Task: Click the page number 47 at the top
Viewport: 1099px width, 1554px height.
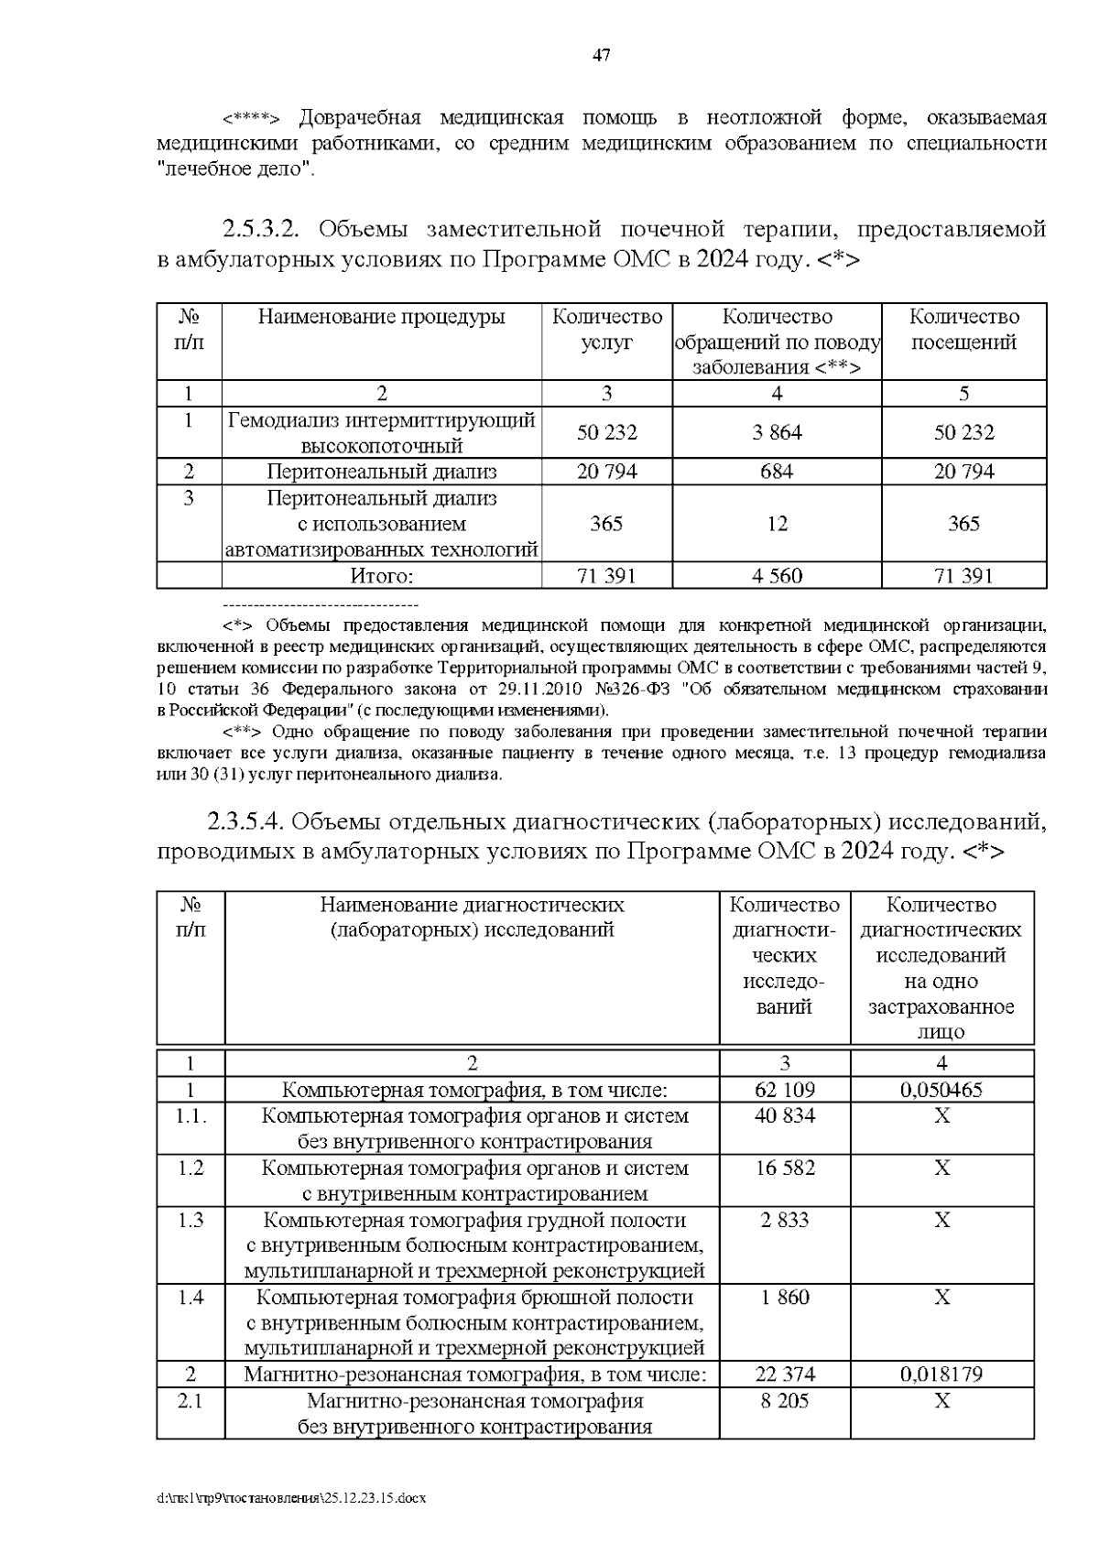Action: click(x=601, y=56)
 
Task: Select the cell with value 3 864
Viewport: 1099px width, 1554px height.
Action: click(x=777, y=432)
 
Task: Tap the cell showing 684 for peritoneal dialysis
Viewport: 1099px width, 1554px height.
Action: click(x=777, y=472)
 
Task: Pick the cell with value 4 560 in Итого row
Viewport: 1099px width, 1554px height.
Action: click(x=777, y=576)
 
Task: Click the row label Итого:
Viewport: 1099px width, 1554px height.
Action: click(x=382, y=576)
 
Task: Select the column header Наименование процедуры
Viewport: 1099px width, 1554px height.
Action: click(x=381, y=317)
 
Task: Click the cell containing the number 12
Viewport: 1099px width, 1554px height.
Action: click(x=777, y=524)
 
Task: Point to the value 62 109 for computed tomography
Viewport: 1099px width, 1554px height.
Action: click(x=785, y=1090)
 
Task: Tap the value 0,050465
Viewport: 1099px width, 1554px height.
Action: click(x=941, y=1090)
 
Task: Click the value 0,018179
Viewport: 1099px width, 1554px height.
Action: click(x=941, y=1375)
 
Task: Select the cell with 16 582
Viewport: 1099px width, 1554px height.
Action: click(x=785, y=1168)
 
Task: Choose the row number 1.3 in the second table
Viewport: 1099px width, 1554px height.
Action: click(x=190, y=1221)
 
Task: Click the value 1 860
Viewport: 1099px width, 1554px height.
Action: click(x=785, y=1298)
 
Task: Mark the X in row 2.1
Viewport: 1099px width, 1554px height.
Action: click(x=941, y=1401)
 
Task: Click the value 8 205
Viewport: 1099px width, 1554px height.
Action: click(x=785, y=1401)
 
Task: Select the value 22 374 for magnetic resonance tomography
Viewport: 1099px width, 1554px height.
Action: click(x=785, y=1375)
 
